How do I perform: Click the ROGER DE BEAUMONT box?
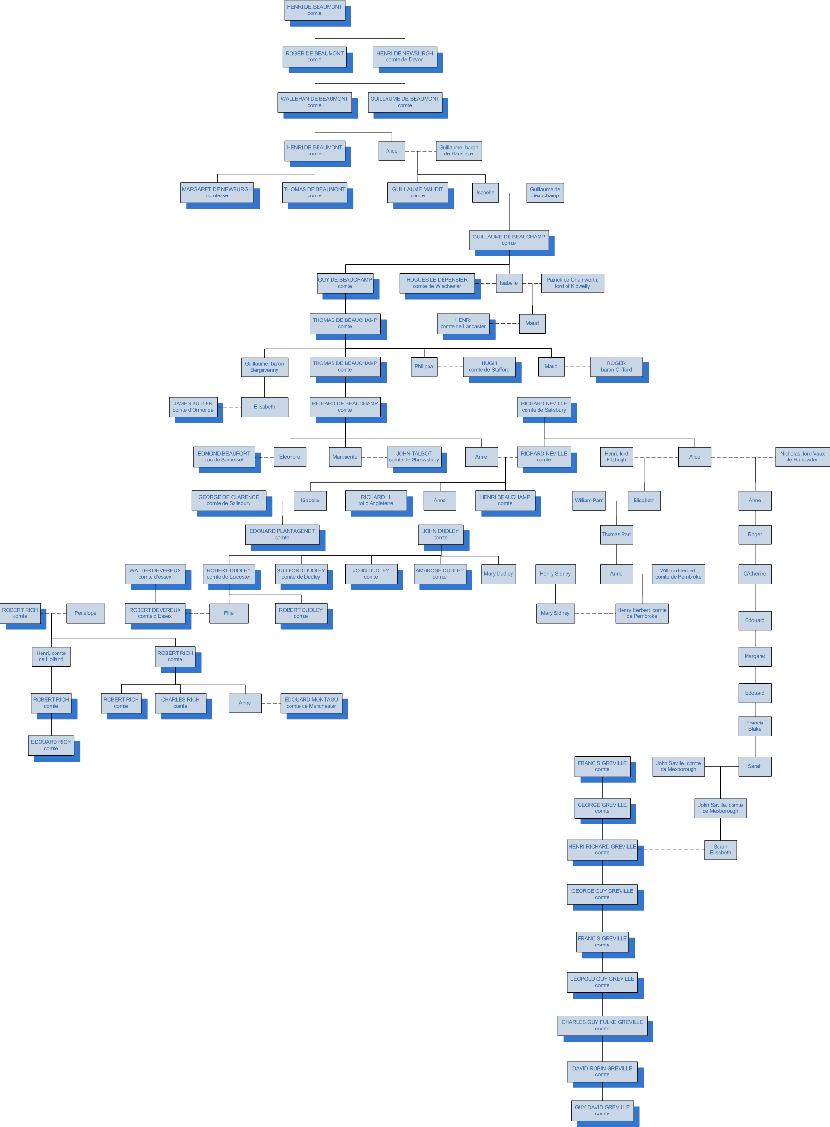[x=315, y=57]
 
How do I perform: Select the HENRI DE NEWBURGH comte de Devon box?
[x=404, y=57]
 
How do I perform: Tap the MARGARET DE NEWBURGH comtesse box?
[x=217, y=193]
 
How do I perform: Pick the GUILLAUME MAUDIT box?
[x=417, y=193]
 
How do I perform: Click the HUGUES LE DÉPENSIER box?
[x=437, y=283]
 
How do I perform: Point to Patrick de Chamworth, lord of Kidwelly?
[x=572, y=283]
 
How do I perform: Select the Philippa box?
[x=424, y=367]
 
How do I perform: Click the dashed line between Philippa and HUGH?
[x=450, y=367]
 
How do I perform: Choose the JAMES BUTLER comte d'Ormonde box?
[x=193, y=407]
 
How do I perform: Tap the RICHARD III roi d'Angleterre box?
[x=375, y=501]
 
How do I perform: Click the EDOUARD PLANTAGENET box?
[x=282, y=535]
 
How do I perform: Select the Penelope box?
[x=85, y=613]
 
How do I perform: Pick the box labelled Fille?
[x=229, y=613]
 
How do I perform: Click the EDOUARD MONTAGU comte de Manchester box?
[x=311, y=703]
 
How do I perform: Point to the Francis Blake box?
[x=755, y=726]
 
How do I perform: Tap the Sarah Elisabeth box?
[x=720, y=849]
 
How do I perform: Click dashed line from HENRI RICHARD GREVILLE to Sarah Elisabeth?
[x=673, y=850]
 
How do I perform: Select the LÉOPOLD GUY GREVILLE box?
[x=602, y=982]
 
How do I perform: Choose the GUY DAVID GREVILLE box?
[x=602, y=1111]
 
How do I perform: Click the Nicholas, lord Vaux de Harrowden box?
[x=802, y=457]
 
